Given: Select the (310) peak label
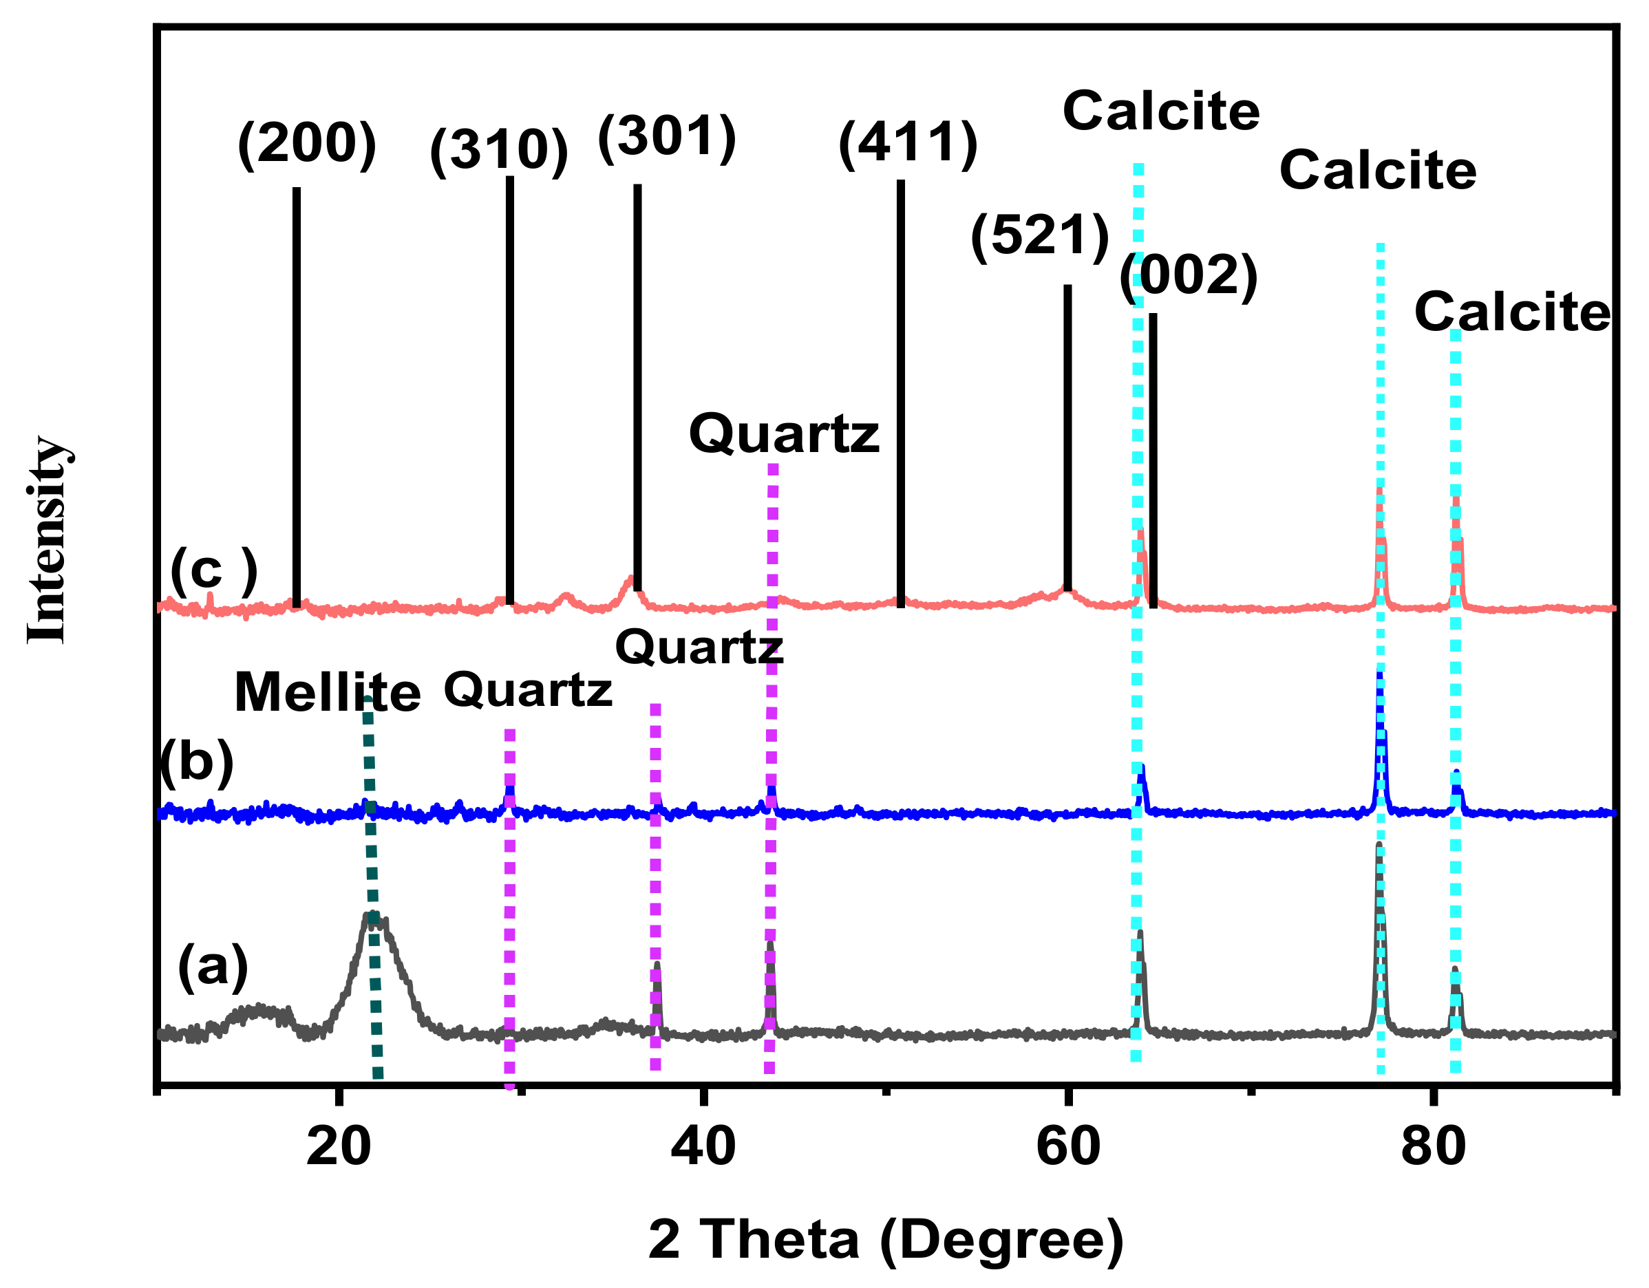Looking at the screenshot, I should pyautogui.click(x=499, y=149).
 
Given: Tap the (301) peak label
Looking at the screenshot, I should pyautogui.click(x=667, y=138).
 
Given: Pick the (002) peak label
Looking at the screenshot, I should pyautogui.click(x=1189, y=276).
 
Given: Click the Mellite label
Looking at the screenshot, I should pyautogui.click(x=328, y=692).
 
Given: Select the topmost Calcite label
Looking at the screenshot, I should pyautogui.click(x=1161, y=111).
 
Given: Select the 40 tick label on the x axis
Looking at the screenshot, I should pyautogui.click(x=703, y=1146).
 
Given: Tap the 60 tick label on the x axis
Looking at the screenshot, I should pyautogui.click(x=1067, y=1146).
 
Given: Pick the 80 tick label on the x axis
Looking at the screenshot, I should pyautogui.click(x=1432, y=1146).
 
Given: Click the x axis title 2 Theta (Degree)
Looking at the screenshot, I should pyautogui.click(x=886, y=1240).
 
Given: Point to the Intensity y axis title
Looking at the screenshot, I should pyautogui.click(x=47, y=540).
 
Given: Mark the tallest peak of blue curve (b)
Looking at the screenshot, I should pyautogui.click(x=1379, y=674).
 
